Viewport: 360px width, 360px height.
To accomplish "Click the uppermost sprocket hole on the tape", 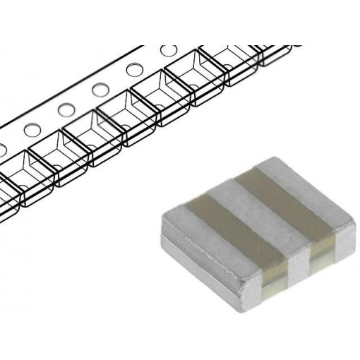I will pos(169,52).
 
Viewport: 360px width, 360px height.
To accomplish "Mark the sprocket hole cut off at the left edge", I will pos(2,149).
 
